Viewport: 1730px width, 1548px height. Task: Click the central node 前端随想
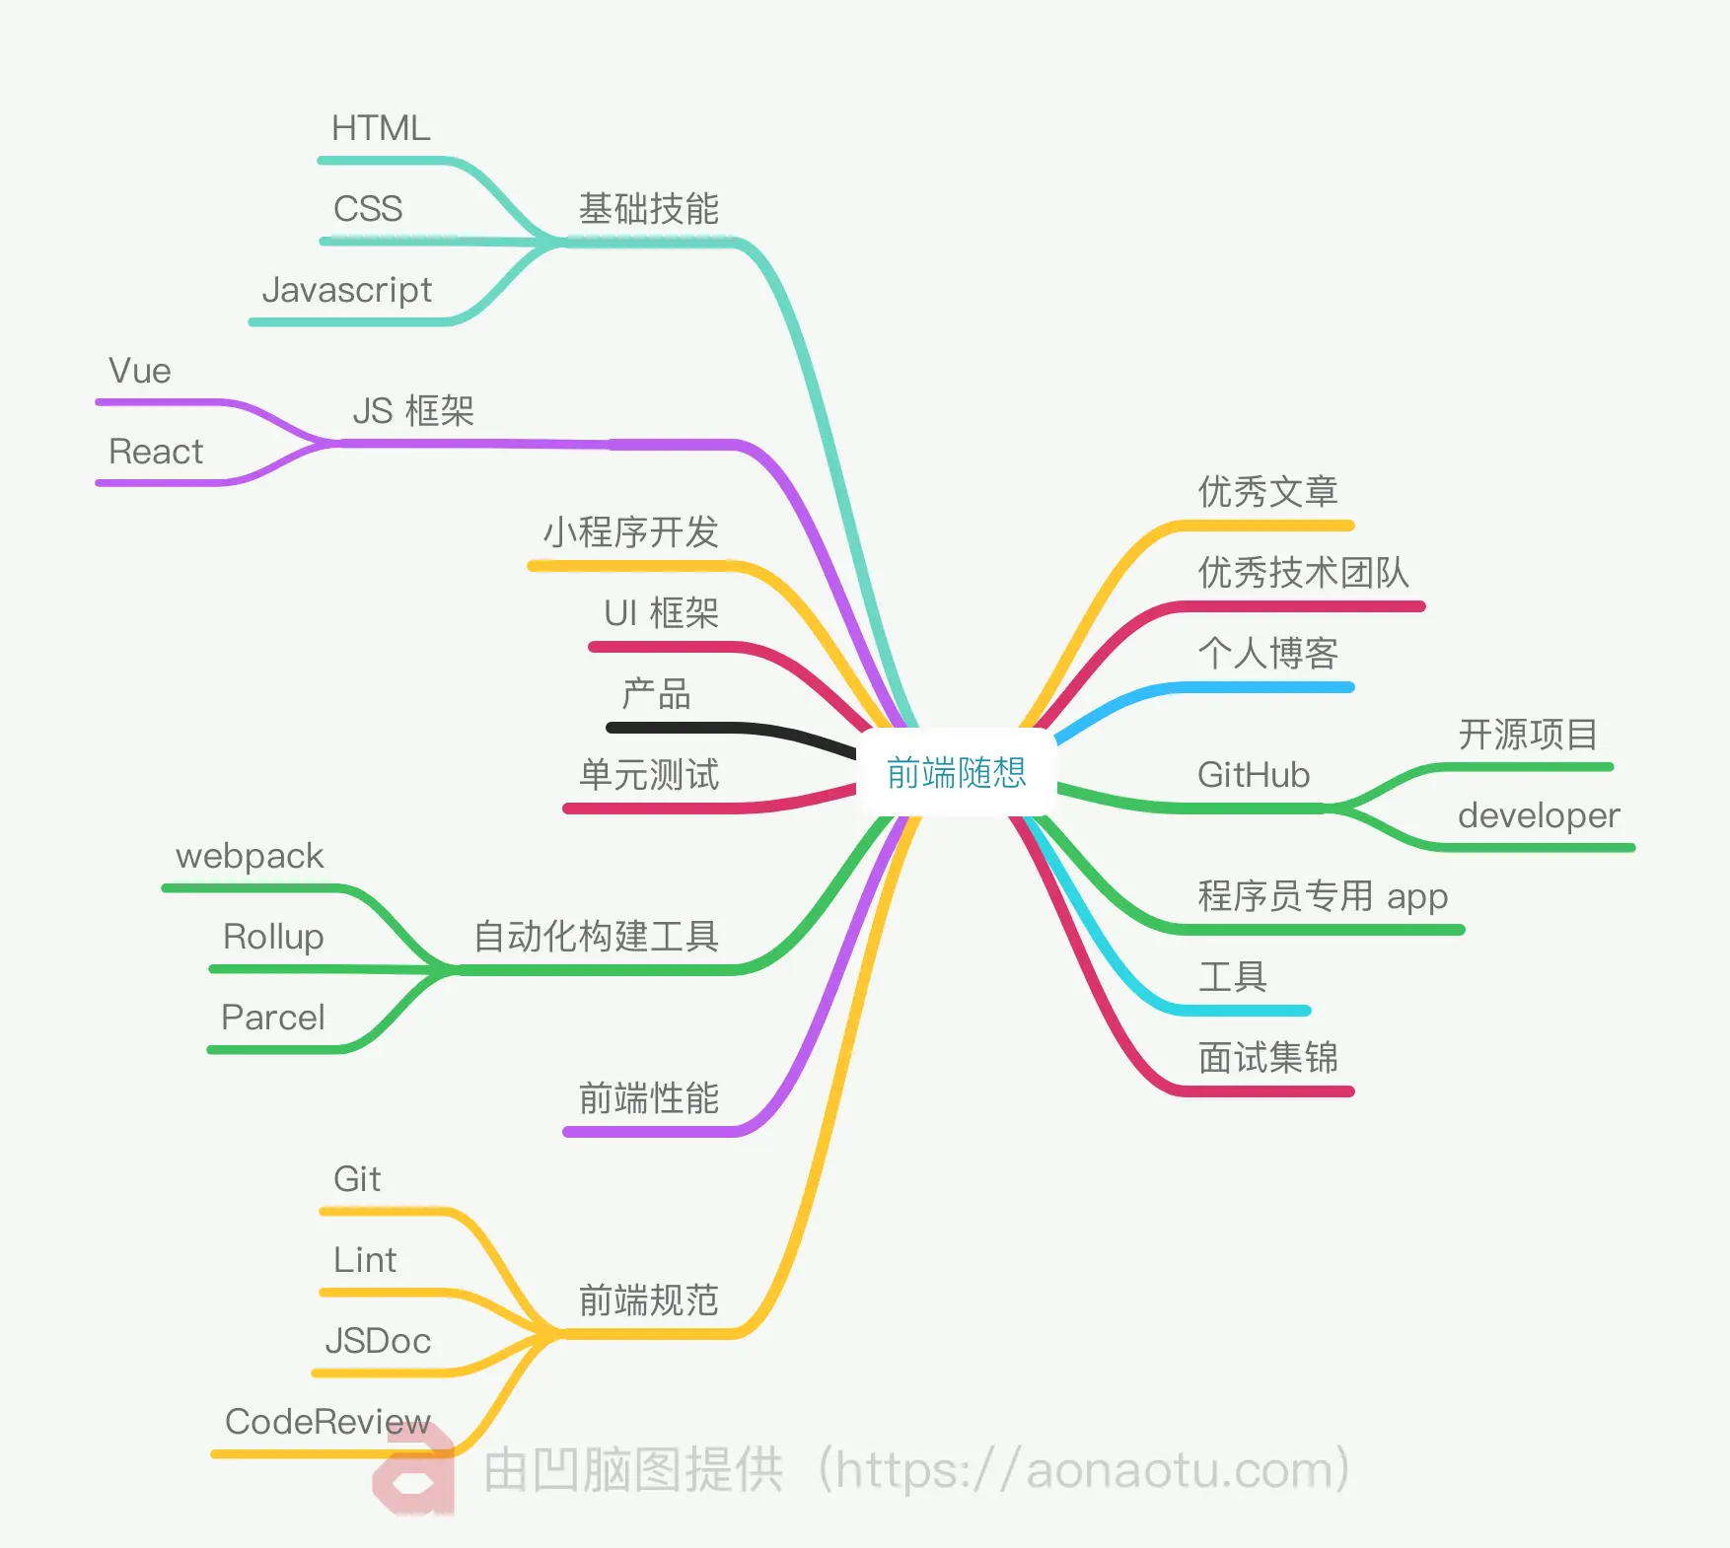pos(956,773)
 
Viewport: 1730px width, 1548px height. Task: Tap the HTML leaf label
pos(381,128)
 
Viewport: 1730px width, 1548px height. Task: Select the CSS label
pos(368,209)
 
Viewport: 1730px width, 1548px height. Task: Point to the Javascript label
pos(346,290)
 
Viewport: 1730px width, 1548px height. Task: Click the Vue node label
pos(140,371)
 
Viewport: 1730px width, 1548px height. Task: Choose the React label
pos(156,452)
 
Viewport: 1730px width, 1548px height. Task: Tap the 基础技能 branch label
pos(648,209)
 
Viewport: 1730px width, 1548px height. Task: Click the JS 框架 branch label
pos(413,411)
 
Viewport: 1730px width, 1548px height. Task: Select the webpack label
pos(250,856)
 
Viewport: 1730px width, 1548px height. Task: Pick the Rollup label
pos(273,937)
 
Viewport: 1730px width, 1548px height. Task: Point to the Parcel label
pos(273,1018)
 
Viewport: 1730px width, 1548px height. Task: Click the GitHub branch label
pos(1254,775)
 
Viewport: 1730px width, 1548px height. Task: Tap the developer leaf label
pos(1539,815)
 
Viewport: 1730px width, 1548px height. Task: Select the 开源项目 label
pos(1528,735)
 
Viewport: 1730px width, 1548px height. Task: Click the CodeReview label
pos(327,1422)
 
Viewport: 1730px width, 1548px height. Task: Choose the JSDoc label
pos(378,1341)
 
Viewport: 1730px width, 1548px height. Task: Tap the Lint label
pos(365,1260)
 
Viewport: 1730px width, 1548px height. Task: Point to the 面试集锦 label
pos(1267,1058)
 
